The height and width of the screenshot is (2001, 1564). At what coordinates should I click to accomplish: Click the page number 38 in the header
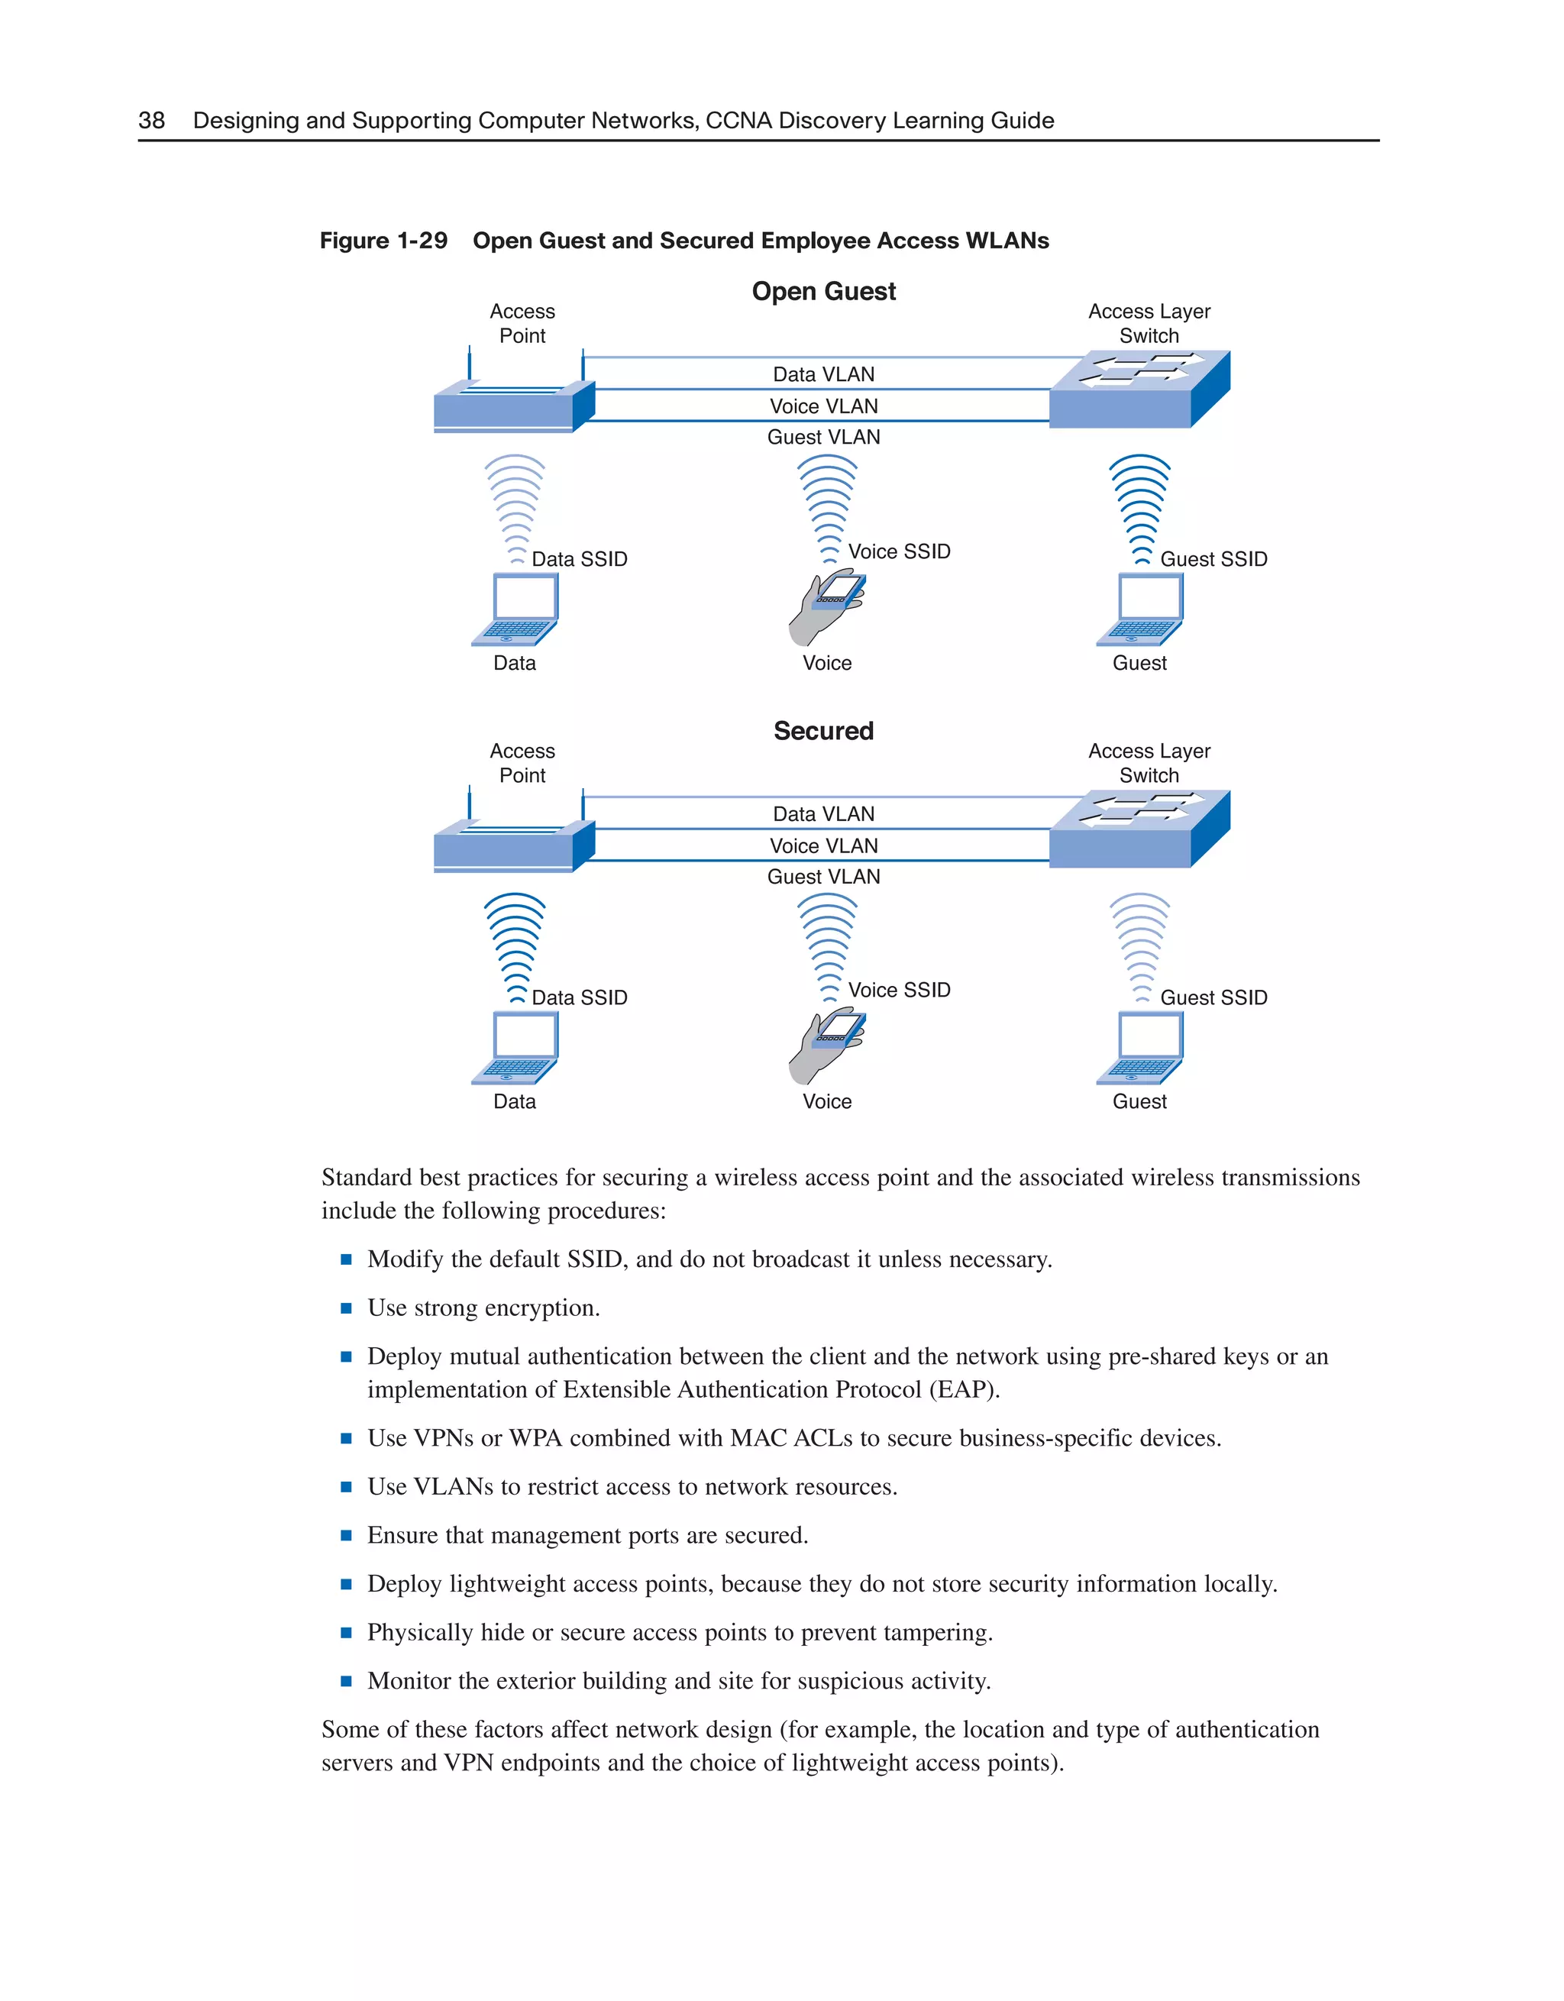coord(151,120)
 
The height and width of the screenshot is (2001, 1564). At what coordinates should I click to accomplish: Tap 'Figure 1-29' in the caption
coord(383,241)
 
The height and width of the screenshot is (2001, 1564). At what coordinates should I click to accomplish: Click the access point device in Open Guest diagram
coord(513,406)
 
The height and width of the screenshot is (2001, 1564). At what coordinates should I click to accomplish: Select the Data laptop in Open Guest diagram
coord(515,609)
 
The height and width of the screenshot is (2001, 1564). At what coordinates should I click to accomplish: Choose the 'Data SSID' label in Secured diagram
coord(579,997)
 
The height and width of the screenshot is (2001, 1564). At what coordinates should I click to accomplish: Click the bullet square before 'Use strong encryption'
coord(347,1308)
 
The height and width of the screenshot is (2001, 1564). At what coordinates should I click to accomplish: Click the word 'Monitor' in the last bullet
coord(409,1681)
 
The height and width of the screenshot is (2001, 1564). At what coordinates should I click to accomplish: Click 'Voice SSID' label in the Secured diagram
coord(899,991)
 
